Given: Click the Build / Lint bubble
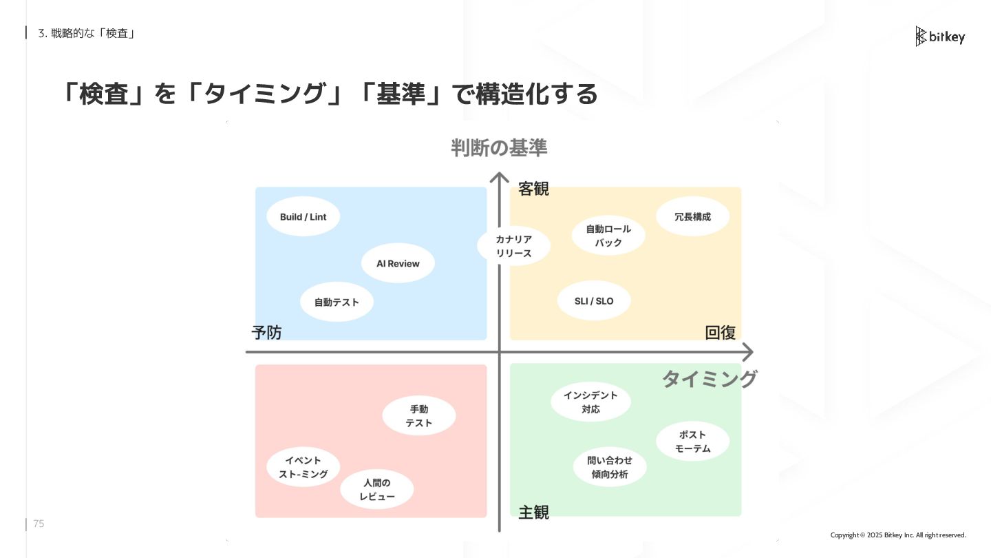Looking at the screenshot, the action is [x=303, y=217].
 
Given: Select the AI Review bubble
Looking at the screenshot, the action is [x=398, y=263].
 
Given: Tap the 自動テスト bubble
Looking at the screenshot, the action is [x=337, y=302].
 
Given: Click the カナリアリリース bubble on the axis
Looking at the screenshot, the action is [x=514, y=246].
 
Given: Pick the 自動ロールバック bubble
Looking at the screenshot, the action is [x=608, y=236].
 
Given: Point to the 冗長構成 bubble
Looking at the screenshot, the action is [x=693, y=217].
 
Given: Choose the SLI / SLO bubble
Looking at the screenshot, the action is [x=594, y=301].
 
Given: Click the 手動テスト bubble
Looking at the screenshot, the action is [x=418, y=416].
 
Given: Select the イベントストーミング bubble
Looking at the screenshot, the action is [x=303, y=467].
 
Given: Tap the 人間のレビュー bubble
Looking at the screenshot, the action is [x=377, y=490].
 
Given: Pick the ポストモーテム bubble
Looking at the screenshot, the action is [x=692, y=442].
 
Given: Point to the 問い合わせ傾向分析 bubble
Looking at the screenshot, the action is [x=610, y=467].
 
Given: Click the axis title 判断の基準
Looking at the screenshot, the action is [x=499, y=147].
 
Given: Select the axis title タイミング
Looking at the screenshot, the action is [x=709, y=379].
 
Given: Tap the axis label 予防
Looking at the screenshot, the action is [x=266, y=333].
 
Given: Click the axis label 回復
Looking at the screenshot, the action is [x=721, y=333].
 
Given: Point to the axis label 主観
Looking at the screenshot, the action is [x=533, y=513].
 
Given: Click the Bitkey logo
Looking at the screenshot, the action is [x=940, y=37].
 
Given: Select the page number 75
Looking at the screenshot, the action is [x=39, y=524].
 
